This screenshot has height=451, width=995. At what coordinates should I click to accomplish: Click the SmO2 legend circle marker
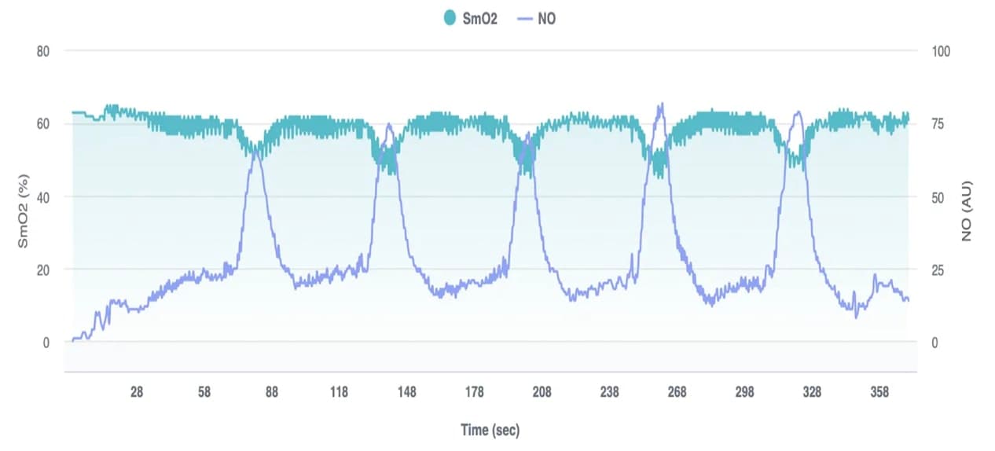[450, 18]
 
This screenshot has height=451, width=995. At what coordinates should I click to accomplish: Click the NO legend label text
[546, 18]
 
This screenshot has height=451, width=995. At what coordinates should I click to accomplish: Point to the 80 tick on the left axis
[42, 51]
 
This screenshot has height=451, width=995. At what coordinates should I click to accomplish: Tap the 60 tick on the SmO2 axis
[42, 124]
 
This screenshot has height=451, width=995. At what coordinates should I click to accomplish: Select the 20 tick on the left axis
[42, 269]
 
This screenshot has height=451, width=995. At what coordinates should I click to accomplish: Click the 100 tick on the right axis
[941, 51]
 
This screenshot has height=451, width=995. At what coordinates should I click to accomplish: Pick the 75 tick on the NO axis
[938, 124]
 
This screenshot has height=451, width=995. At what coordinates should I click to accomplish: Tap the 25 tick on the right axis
[938, 269]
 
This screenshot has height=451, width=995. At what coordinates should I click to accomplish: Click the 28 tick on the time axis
[136, 392]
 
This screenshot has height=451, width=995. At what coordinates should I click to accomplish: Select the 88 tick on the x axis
[271, 392]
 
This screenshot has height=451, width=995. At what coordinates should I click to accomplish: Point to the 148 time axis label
[406, 392]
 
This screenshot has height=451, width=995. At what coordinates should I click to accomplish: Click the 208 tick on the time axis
[542, 392]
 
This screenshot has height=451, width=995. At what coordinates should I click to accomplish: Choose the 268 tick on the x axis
[677, 392]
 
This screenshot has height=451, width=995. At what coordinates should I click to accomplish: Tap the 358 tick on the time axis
[879, 392]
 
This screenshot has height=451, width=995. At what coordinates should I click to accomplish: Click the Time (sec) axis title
[490, 430]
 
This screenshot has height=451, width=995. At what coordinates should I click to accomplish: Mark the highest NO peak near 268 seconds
[661, 104]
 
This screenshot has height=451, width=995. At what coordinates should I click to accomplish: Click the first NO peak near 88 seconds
[255, 148]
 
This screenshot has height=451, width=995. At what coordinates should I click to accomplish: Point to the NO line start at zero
[73, 339]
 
